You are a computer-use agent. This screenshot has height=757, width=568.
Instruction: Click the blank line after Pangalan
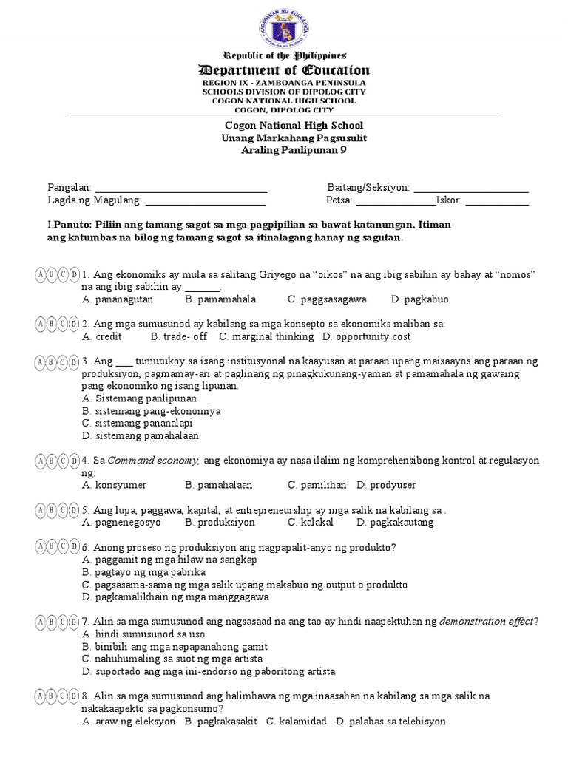coord(181,190)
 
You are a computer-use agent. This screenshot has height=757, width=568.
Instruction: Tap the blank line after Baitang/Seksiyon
coord(471,190)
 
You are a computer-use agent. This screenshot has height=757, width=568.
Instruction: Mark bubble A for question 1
coord(41,275)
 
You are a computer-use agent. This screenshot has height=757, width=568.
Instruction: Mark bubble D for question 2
coord(74,324)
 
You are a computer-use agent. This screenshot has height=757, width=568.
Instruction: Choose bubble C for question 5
coord(63,510)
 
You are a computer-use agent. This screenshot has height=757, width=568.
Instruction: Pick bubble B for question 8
coord(52,696)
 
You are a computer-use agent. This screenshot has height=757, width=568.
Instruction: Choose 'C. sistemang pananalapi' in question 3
coord(138,423)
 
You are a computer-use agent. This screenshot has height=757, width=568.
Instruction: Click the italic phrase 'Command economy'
coord(154,460)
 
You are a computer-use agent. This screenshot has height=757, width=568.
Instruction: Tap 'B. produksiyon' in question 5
coord(220,522)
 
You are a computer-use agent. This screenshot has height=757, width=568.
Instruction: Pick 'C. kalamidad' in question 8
coord(296,721)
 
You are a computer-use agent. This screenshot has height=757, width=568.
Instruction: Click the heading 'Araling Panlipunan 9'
coord(283,150)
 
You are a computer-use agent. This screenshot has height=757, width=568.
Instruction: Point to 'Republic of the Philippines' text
coord(285,56)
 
